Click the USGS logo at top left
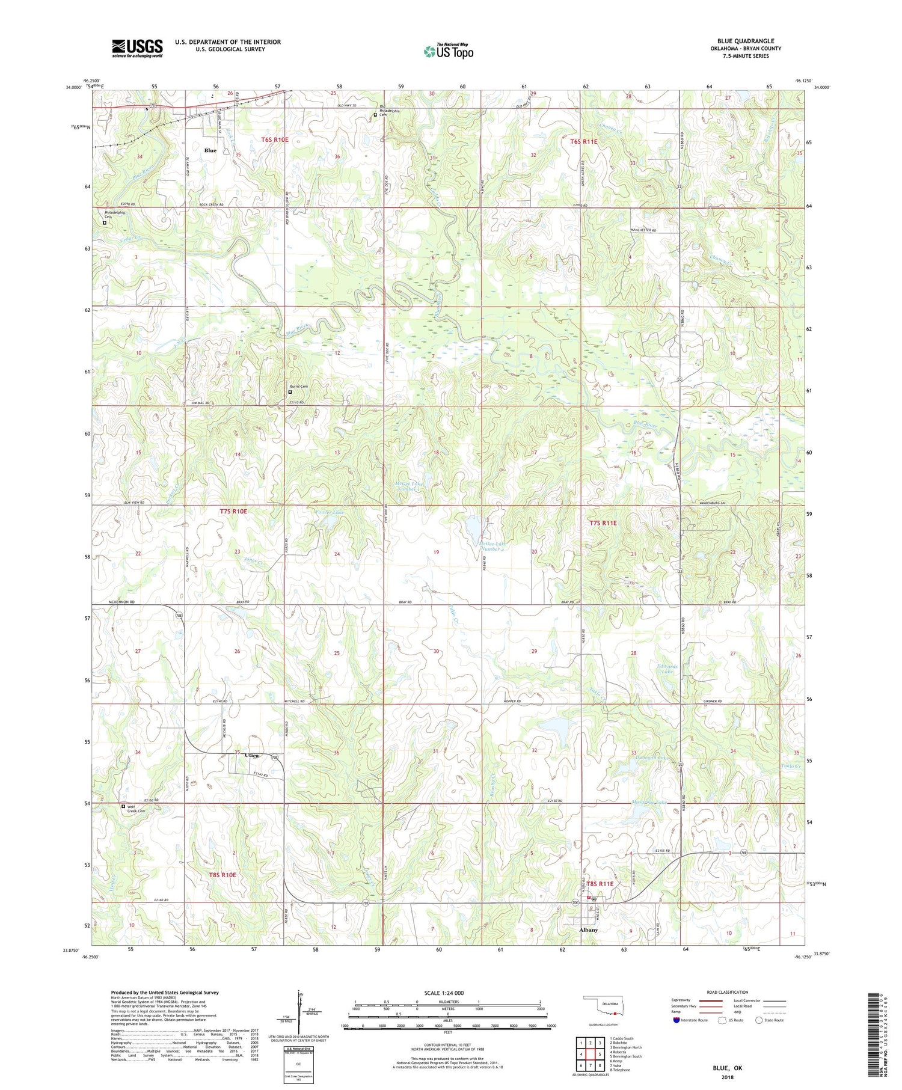137,48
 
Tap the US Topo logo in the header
449,51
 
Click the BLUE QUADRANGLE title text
746,41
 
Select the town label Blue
210,150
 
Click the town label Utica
253,756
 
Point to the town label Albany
588,929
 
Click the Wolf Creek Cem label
137,809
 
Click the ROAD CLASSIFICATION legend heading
728,992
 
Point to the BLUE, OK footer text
727,1068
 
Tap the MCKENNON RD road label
121,602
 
